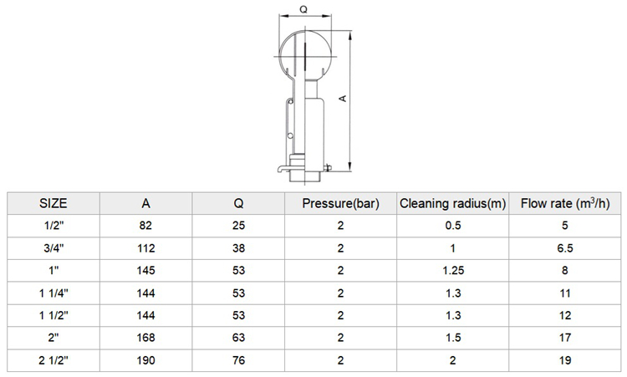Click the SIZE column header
(x=54, y=203)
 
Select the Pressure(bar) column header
(x=340, y=203)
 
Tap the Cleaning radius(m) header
(x=452, y=203)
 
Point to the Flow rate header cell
(x=564, y=203)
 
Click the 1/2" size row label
(x=54, y=226)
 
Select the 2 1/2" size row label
(x=54, y=360)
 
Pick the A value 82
(x=145, y=226)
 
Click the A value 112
(x=145, y=248)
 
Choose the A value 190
(x=145, y=360)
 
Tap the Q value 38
(x=238, y=248)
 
